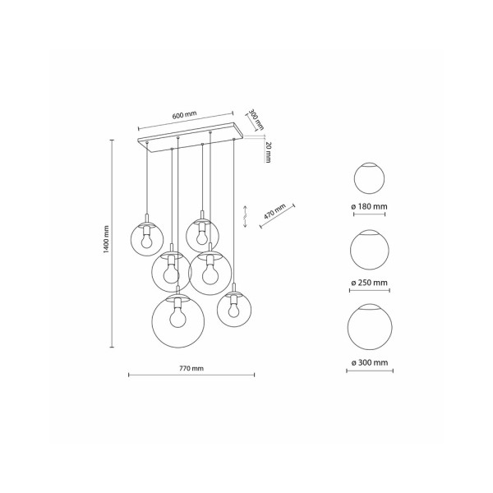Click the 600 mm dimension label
pyautogui.click(x=186, y=115)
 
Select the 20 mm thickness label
pyautogui.click(x=270, y=151)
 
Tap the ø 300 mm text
pyautogui.click(x=369, y=362)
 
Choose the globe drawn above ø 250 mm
pyautogui.click(x=369, y=250)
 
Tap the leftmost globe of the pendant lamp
pyautogui.click(x=147, y=238)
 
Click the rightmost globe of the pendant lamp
pyautogui.click(x=233, y=310)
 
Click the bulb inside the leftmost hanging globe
pyautogui.click(x=147, y=239)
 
